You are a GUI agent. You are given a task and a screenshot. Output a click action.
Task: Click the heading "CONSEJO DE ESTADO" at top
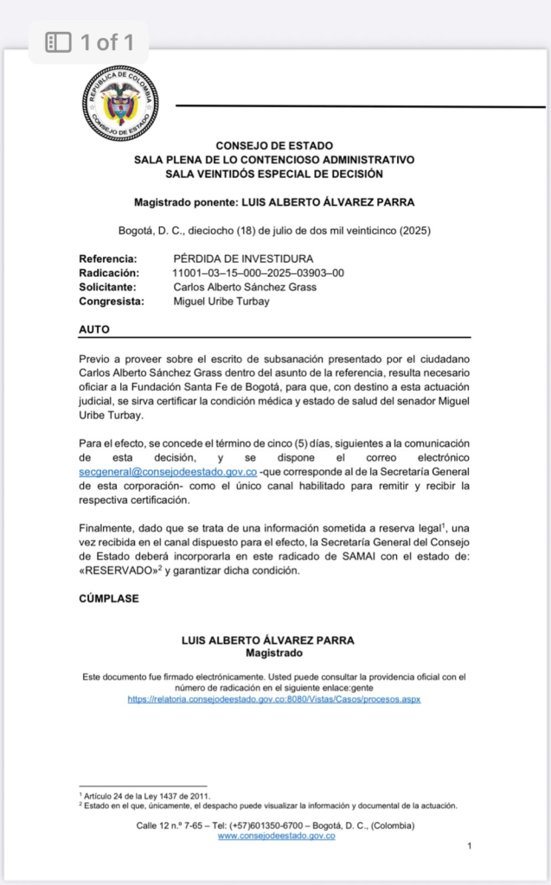click(273, 146)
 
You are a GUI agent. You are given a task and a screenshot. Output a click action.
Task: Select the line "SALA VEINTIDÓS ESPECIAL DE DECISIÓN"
click(273, 174)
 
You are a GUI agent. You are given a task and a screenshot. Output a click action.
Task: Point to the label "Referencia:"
click(108, 258)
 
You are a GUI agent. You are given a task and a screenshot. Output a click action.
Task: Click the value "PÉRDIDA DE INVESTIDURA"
click(243, 258)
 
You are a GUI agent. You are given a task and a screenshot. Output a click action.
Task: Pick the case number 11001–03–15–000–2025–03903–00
click(259, 273)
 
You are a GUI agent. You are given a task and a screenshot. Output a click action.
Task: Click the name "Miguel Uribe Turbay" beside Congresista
click(223, 302)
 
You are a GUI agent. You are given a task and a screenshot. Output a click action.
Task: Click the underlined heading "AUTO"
click(94, 329)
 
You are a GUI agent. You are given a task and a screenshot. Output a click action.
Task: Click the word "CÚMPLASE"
click(109, 598)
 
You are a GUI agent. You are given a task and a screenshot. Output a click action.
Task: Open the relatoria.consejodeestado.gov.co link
click(273, 698)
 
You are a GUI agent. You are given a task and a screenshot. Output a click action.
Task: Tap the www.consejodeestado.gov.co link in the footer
click(276, 836)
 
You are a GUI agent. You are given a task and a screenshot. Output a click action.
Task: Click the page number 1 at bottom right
click(468, 846)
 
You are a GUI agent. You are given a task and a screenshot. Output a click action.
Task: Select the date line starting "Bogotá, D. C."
click(273, 231)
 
